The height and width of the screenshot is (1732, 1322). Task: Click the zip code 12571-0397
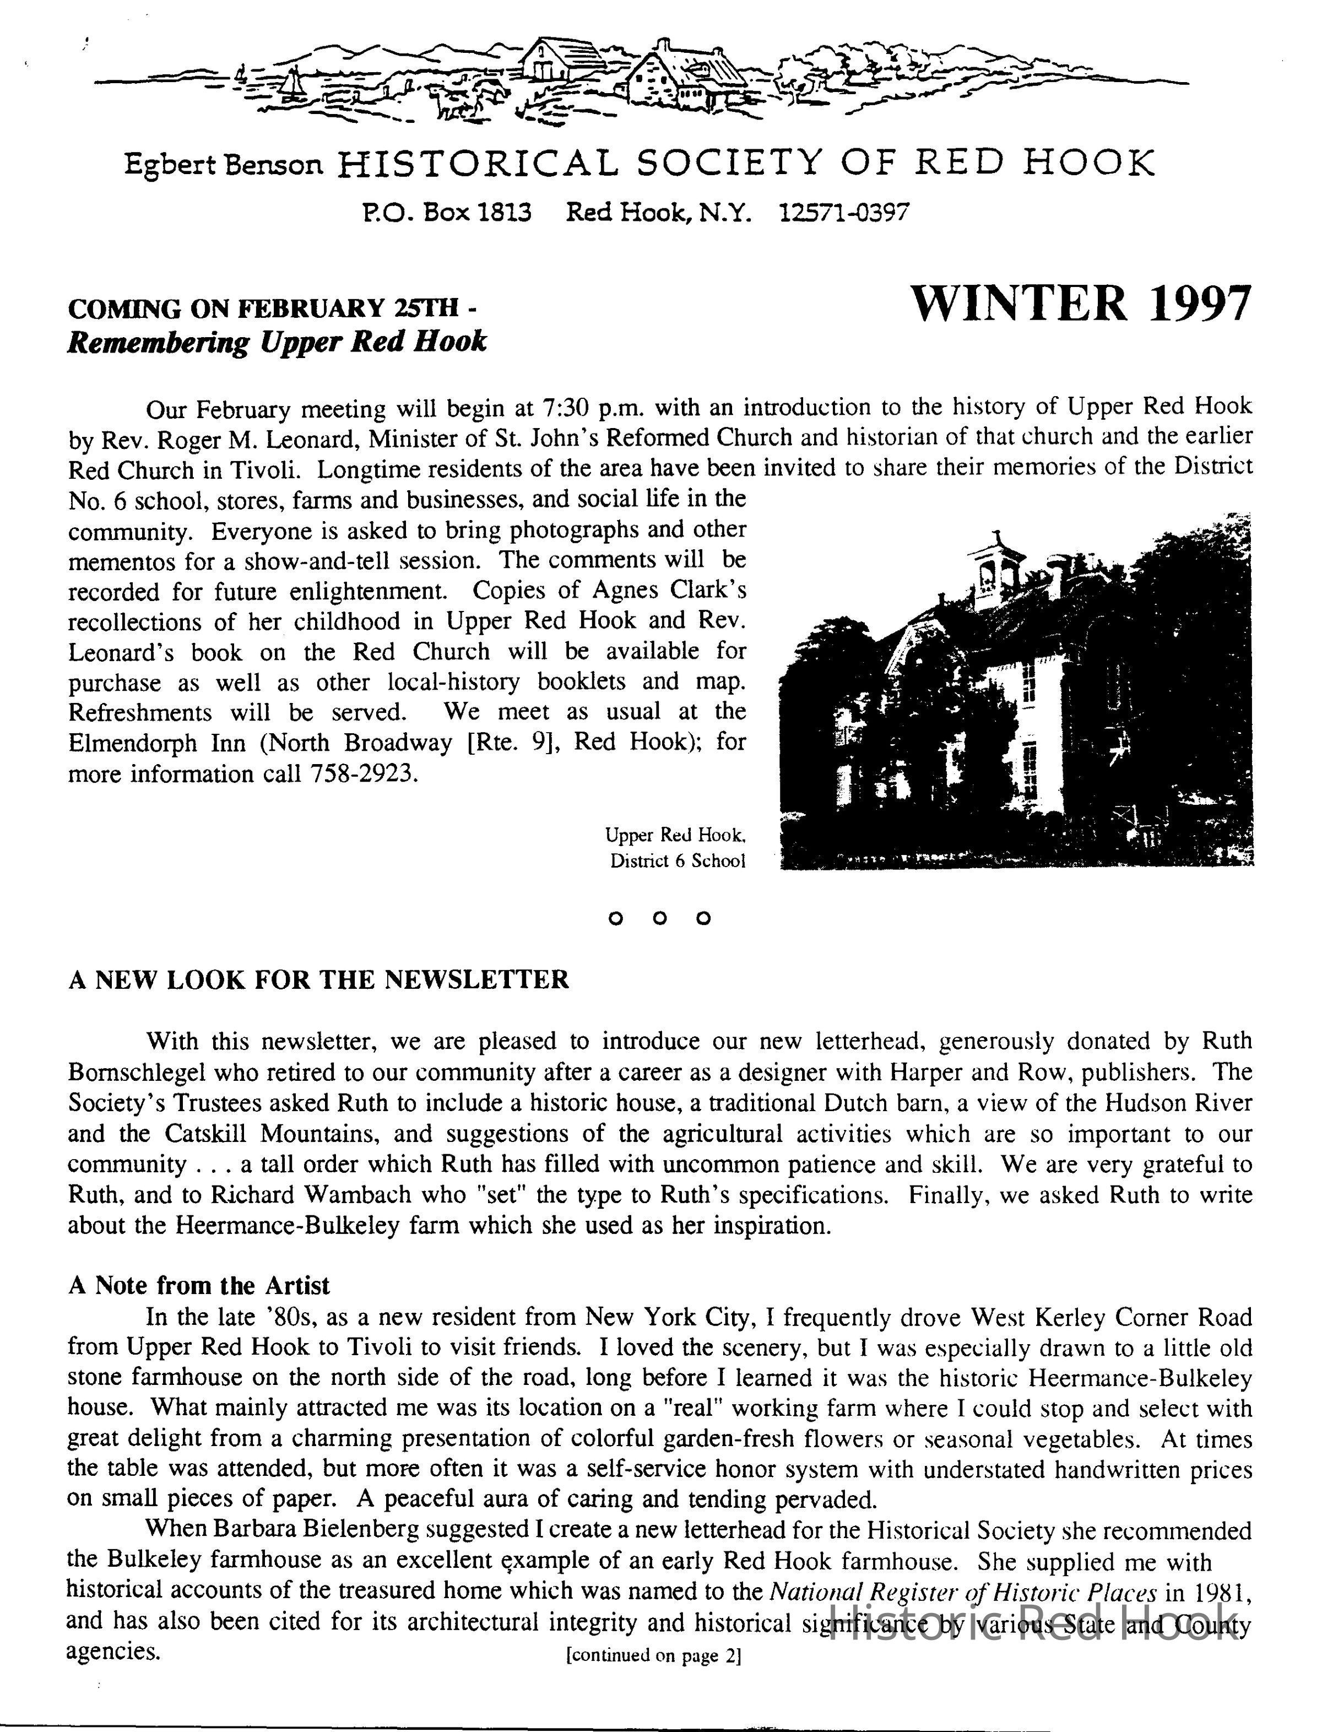(843, 213)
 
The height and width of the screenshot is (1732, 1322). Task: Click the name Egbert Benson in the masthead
(224, 165)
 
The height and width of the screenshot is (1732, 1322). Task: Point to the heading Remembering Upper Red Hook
(277, 342)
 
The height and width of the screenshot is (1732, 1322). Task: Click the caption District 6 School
(677, 861)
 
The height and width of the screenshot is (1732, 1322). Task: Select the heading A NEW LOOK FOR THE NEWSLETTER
(318, 979)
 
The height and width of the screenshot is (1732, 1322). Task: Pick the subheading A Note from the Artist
(198, 1285)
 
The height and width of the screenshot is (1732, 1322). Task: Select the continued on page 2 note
(653, 1655)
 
